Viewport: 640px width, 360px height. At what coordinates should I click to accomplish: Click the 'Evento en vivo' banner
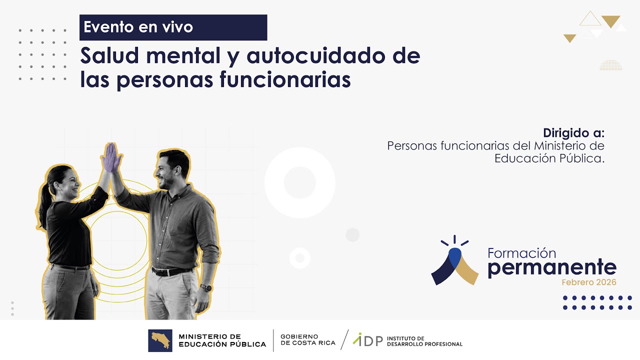pos(173,27)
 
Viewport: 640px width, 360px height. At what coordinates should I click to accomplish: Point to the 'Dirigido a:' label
pos(573,133)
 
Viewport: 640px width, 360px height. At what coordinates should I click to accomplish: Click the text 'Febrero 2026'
pos(588,282)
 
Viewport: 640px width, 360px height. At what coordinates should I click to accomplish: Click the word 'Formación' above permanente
pos(521,253)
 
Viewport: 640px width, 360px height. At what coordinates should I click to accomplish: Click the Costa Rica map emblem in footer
pos(160,340)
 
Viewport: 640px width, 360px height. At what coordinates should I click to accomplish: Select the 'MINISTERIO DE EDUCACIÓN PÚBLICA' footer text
pos(222,340)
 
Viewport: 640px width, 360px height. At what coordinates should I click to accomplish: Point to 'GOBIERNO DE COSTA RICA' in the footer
pos(308,340)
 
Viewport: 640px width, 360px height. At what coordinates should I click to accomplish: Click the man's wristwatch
pos(206,288)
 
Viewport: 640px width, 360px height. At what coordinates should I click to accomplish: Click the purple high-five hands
pos(111,158)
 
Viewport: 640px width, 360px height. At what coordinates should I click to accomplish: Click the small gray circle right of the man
pos(352,235)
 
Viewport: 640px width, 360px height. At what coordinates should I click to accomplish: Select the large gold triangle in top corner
pos(610,20)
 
